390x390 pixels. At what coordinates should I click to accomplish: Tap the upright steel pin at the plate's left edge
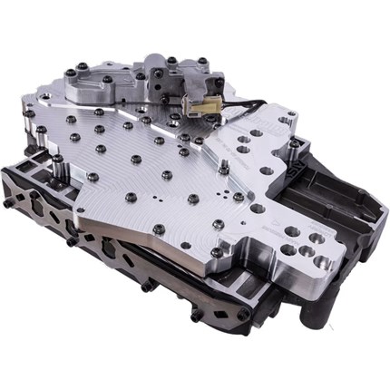point(56,165)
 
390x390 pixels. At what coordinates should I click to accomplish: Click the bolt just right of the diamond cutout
point(194,313)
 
